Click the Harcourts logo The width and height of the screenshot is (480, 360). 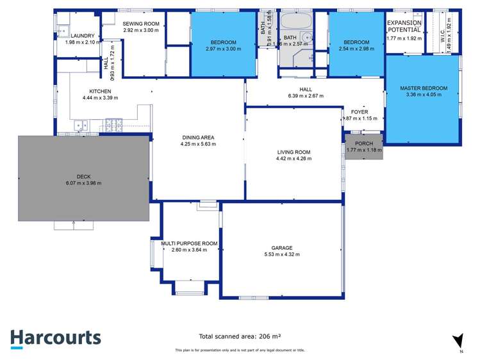click(x=55, y=338)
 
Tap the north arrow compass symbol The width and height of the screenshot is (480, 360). click(x=457, y=341)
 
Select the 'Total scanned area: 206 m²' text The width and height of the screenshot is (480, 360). click(x=240, y=336)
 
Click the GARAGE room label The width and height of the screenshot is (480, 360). click(x=281, y=248)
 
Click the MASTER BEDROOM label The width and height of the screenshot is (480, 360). click(x=423, y=88)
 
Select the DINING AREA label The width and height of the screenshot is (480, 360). click(x=197, y=137)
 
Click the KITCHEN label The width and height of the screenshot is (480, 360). click(x=101, y=92)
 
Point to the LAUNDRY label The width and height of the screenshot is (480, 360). click(x=83, y=36)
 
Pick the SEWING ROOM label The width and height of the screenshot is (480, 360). click(x=140, y=23)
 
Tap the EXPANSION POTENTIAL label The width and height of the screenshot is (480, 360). click(x=404, y=26)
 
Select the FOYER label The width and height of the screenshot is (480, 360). click(x=360, y=111)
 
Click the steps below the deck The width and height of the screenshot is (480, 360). click(x=74, y=225)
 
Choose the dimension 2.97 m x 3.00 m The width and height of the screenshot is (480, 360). click(x=224, y=49)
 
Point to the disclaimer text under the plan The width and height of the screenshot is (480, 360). click(x=240, y=350)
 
